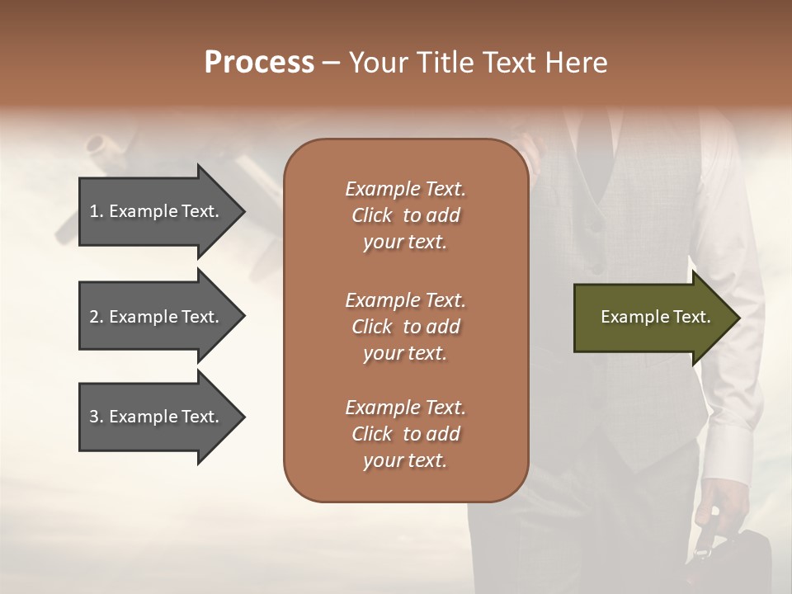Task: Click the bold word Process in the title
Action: coord(259,63)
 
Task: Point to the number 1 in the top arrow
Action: coord(93,211)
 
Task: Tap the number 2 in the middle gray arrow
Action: coord(93,317)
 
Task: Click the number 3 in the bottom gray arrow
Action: coord(93,417)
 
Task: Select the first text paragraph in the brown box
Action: coord(405,215)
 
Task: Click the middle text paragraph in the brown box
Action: coord(405,327)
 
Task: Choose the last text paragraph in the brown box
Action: coord(405,434)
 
